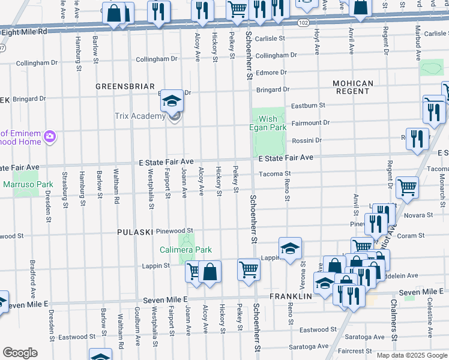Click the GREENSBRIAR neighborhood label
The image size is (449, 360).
[x=125, y=86]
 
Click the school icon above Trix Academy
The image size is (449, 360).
[x=172, y=101]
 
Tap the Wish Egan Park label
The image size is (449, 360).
[x=268, y=123]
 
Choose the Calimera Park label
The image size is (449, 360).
[x=185, y=250]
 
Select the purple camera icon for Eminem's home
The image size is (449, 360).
[x=49, y=137]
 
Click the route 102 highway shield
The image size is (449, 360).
[x=304, y=22]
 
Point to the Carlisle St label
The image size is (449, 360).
[x=269, y=38]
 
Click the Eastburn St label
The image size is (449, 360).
[x=308, y=106]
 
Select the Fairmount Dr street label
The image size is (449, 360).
[x=310, y=122]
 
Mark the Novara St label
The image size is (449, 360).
[x=420, y=215]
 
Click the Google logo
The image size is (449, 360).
[x=20, y=353]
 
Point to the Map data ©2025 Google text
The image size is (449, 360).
[x=411, y=355]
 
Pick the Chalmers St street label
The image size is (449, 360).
[x=394, y=329]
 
